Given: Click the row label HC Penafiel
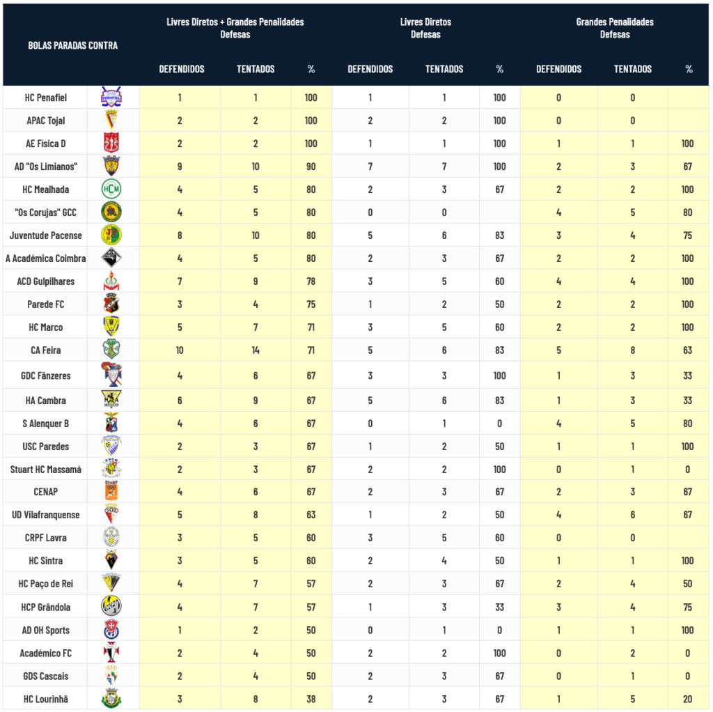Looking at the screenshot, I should click(45, 98).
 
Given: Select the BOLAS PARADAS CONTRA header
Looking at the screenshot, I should click(73, 45).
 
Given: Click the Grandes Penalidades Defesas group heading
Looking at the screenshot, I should click(615, 28).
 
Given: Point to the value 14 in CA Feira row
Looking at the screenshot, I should click(256, 350).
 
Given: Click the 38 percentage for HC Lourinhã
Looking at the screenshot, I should click(311, 699).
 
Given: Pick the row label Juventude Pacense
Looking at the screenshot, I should click(46, 235).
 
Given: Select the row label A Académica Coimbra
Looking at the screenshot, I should click(46, 258).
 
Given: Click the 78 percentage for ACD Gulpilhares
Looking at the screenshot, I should click(311, 281).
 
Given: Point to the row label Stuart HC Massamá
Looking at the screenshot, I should click(46, 470).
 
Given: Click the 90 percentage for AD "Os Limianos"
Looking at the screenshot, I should click(311, 167).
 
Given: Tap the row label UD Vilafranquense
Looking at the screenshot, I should click(46, 515).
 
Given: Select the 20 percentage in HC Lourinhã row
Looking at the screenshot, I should click(688, 699).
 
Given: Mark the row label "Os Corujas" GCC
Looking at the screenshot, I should click(45, 212).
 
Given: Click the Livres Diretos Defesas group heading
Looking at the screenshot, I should click(425, 28).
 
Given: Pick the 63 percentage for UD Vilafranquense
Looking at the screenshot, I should click(311, 515).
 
